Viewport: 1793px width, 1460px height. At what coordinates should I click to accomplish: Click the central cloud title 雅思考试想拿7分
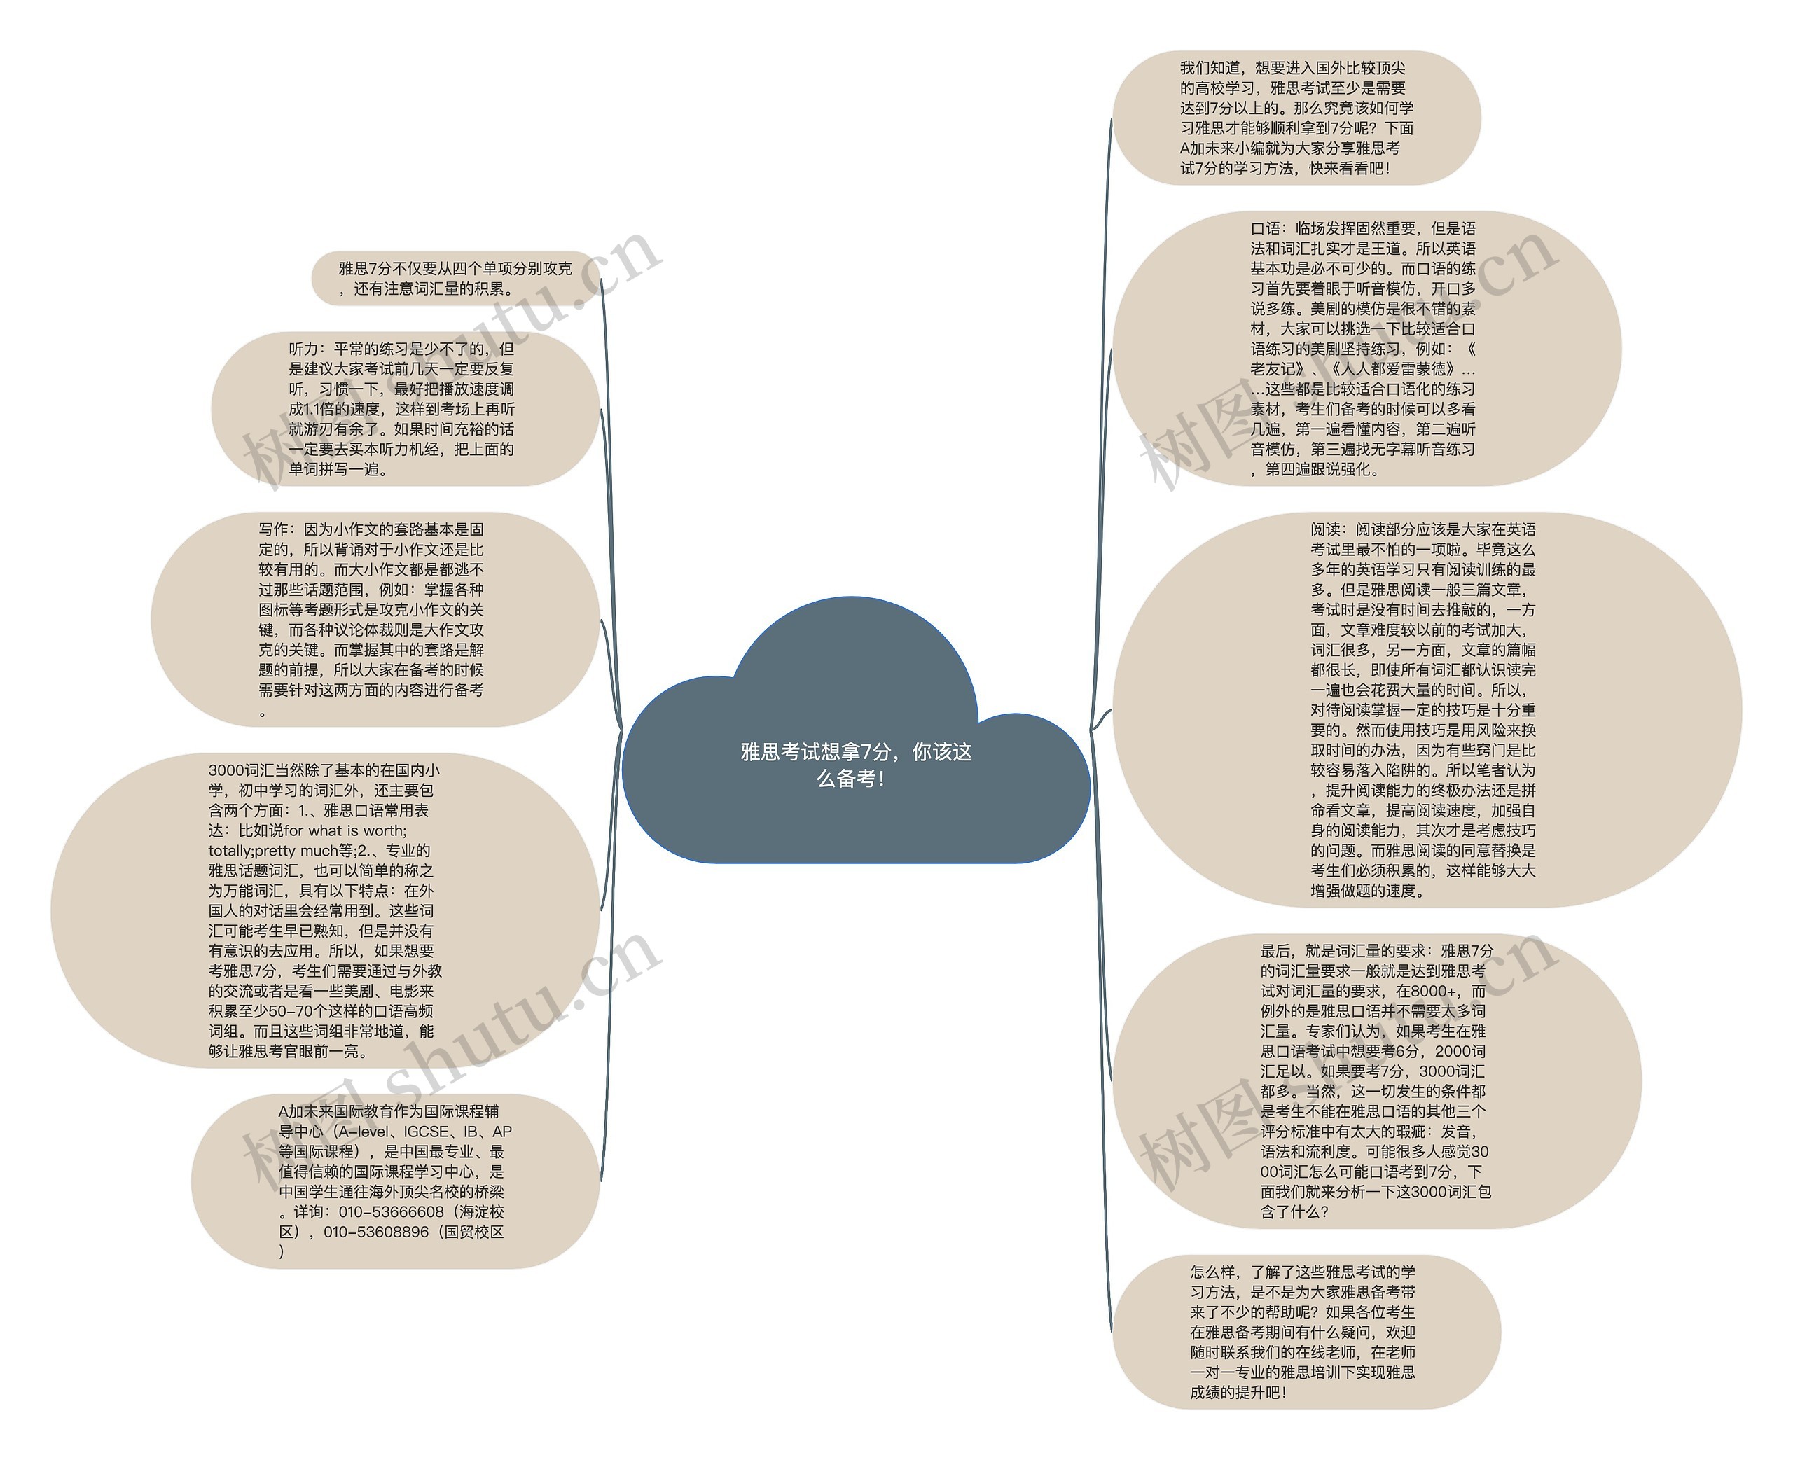(855, 764)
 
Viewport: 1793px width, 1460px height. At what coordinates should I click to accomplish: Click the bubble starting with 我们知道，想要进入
(1296, 118)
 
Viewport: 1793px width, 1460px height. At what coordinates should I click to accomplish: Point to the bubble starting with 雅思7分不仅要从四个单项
(454, 279)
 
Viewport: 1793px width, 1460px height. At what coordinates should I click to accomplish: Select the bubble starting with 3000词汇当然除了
(324, 910)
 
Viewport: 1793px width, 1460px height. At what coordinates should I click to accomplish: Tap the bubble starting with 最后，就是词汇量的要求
(1376, 1080)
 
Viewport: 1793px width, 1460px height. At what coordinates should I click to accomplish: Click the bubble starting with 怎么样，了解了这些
(1303, 1331)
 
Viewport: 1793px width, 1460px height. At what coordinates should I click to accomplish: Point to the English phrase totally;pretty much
(273, 850)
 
